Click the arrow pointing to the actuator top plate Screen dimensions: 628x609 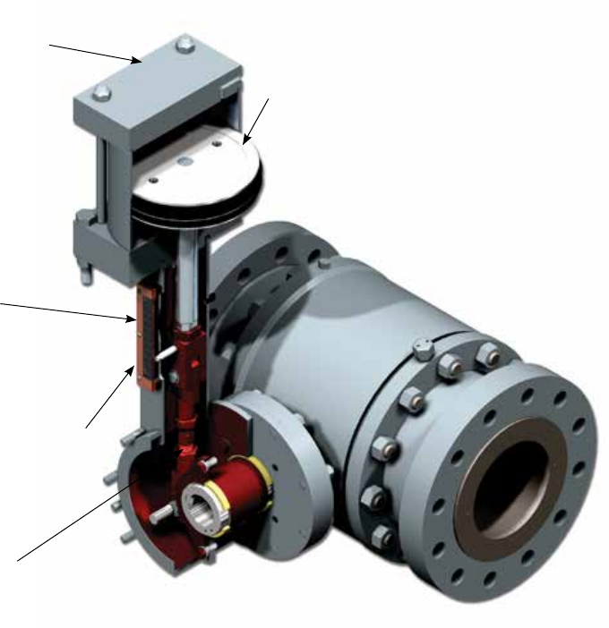tap(94, 51)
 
